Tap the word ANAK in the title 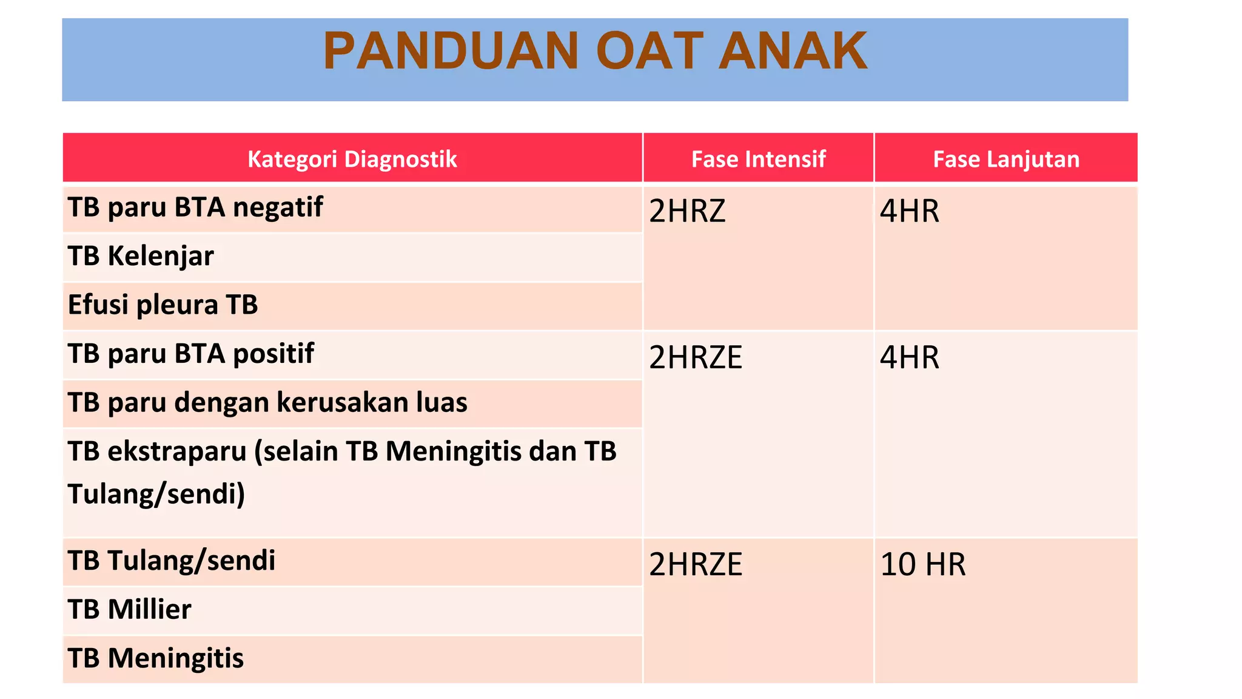[x=793, y=51]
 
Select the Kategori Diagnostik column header [x=352, y=159]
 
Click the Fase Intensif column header [x=758, y=159]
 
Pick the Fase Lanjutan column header [x=1005, y=159]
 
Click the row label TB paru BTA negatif [x=195, y=208]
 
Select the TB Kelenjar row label [x=141, y=256]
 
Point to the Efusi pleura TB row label [x=163, y=305]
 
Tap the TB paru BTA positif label [x=190, y=354]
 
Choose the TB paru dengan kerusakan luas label [x=267, y=402]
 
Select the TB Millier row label [x=129, y=609]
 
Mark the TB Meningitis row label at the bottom [x=155, y=658]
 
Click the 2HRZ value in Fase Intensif [x=687, y=211]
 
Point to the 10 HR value [x=922, y=564]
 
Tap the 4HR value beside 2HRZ [x=909, y=211]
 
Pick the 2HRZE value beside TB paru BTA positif [x=695, y=357]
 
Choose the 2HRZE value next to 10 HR [x=695, y=564]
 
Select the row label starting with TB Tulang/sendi [x=171, y=561]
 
